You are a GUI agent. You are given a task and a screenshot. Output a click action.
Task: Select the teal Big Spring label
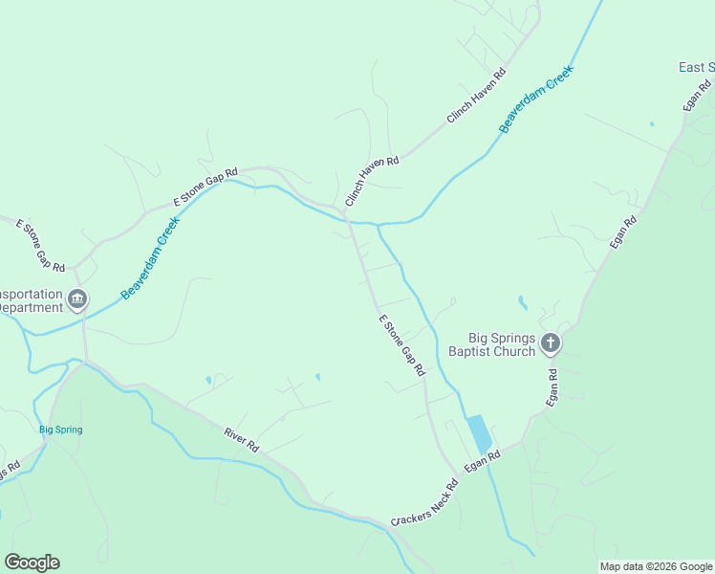[61, 430]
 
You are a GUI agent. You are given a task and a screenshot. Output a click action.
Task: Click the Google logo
[32, 563]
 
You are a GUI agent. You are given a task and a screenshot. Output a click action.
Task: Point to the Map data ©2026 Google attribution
[656, 566]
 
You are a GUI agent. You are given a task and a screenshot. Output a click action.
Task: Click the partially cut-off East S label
[696, 67]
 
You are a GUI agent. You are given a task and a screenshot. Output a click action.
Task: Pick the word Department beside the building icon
[32, 308]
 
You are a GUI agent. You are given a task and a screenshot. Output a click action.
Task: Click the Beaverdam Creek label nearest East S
[537, 99]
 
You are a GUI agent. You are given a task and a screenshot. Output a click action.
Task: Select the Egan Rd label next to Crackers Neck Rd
[483, 462]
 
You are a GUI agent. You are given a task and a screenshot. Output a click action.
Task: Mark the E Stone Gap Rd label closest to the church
[401, 345]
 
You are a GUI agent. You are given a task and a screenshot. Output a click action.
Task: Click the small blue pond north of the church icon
[522, 303]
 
